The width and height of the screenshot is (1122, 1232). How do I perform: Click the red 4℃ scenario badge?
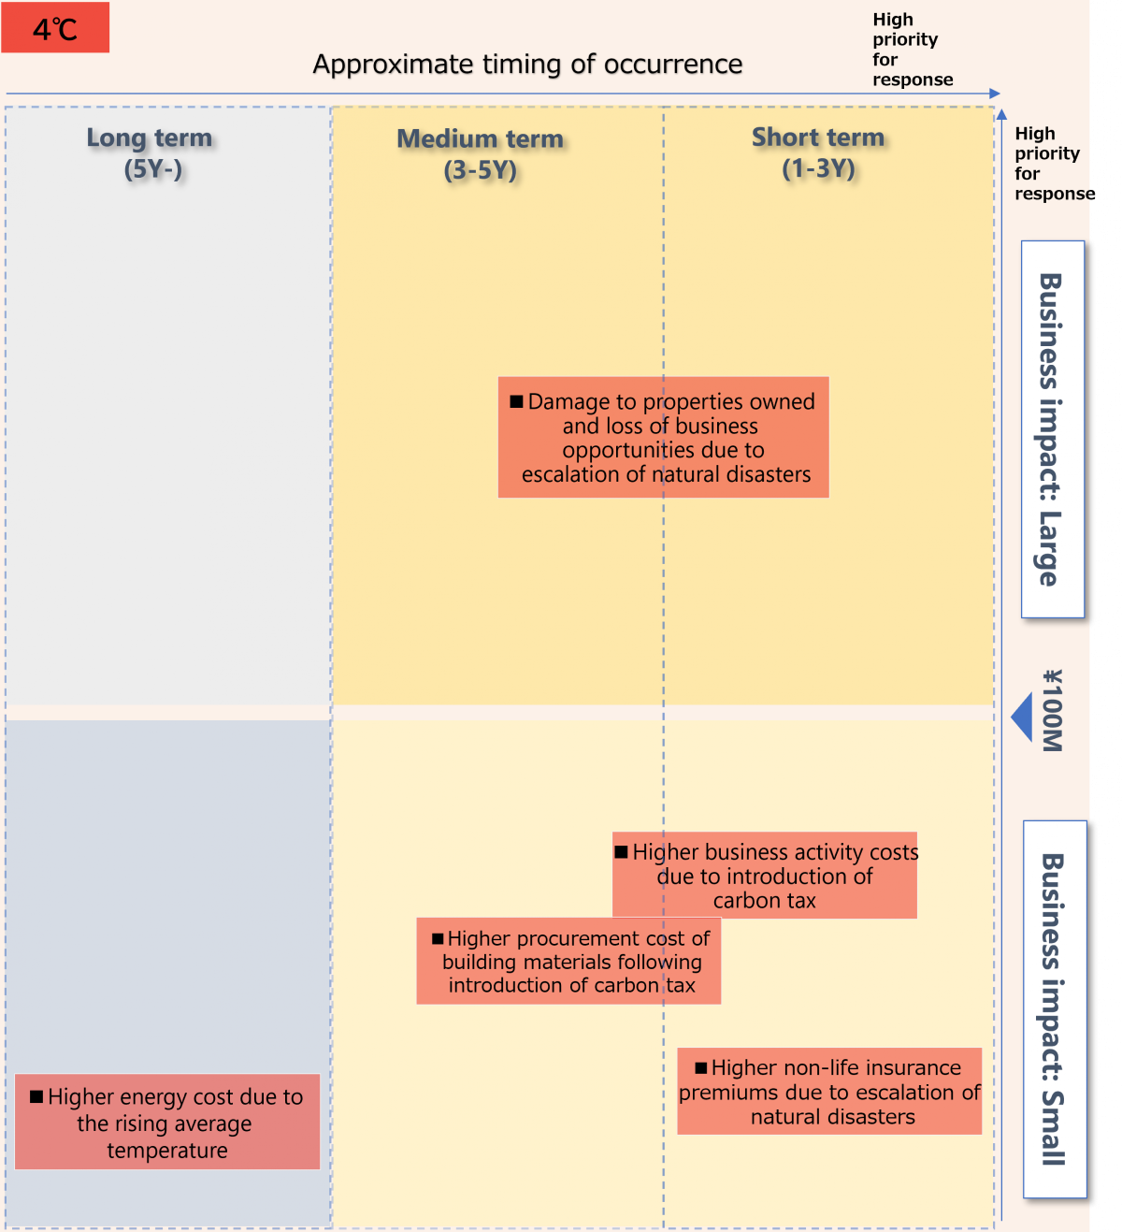55,28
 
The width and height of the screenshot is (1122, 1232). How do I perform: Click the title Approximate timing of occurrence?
527,65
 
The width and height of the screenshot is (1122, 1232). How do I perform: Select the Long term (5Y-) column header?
151,153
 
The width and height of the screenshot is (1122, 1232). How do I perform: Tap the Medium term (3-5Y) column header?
481,154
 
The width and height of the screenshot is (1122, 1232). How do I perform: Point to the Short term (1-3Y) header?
818,152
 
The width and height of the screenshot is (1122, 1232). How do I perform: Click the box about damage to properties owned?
663,438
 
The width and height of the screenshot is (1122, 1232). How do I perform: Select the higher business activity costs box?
765,876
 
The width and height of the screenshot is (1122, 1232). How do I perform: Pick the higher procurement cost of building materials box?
568,962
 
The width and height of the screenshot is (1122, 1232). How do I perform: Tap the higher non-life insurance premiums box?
829,1092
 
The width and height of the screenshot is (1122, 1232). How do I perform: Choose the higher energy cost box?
167,1123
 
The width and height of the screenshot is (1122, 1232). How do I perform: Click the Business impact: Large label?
1052,429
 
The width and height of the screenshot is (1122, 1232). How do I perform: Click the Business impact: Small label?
1054,1009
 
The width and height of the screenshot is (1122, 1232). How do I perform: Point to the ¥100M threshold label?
1053,711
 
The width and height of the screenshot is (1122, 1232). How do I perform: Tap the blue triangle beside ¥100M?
1023,717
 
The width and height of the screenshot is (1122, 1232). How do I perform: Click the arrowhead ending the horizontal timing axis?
995,94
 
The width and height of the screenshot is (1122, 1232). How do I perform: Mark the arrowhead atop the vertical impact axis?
1001,115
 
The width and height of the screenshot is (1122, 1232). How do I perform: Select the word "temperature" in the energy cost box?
167,1151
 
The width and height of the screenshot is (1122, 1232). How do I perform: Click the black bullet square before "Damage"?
516,401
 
